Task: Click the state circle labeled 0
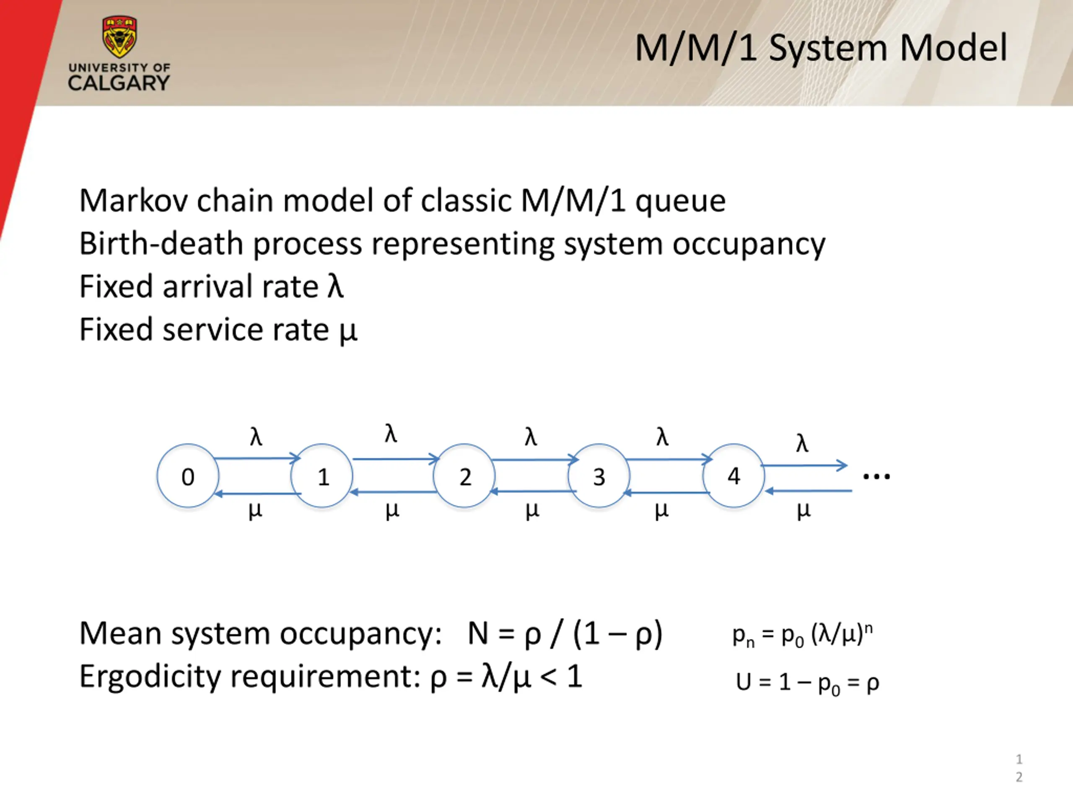click(x=188, y=476)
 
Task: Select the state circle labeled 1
click(x=321, y=476)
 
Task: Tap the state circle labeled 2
click(x=464, y=476)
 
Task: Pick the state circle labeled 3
click(x=599, y=476)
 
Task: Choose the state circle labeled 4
click(x=733, y=476)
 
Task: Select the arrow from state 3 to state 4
click(x=669, y=459)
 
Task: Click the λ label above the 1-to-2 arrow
click(x=391, y=433)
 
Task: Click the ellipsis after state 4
click(x=876, y=477)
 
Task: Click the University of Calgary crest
click(x=119, y=36)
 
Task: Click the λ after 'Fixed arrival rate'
click(x=335, y=286)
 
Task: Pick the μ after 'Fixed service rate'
click(x=348, y=331)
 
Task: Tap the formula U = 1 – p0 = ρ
click(x=807, y=683)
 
